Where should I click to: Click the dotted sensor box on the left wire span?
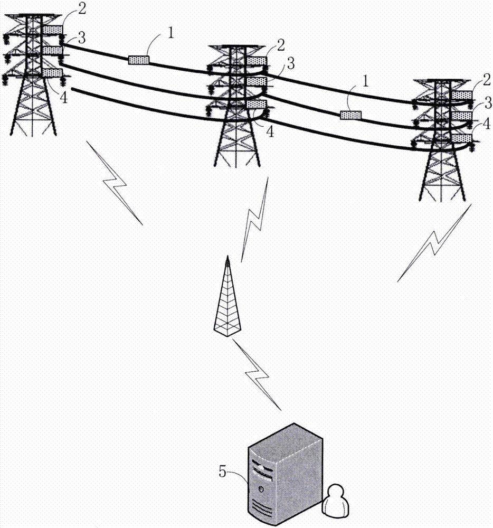(139, 60)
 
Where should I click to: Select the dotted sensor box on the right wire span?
(350, 115)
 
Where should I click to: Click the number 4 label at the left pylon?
(63, 83)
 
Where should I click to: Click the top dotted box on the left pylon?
(53, 29)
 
